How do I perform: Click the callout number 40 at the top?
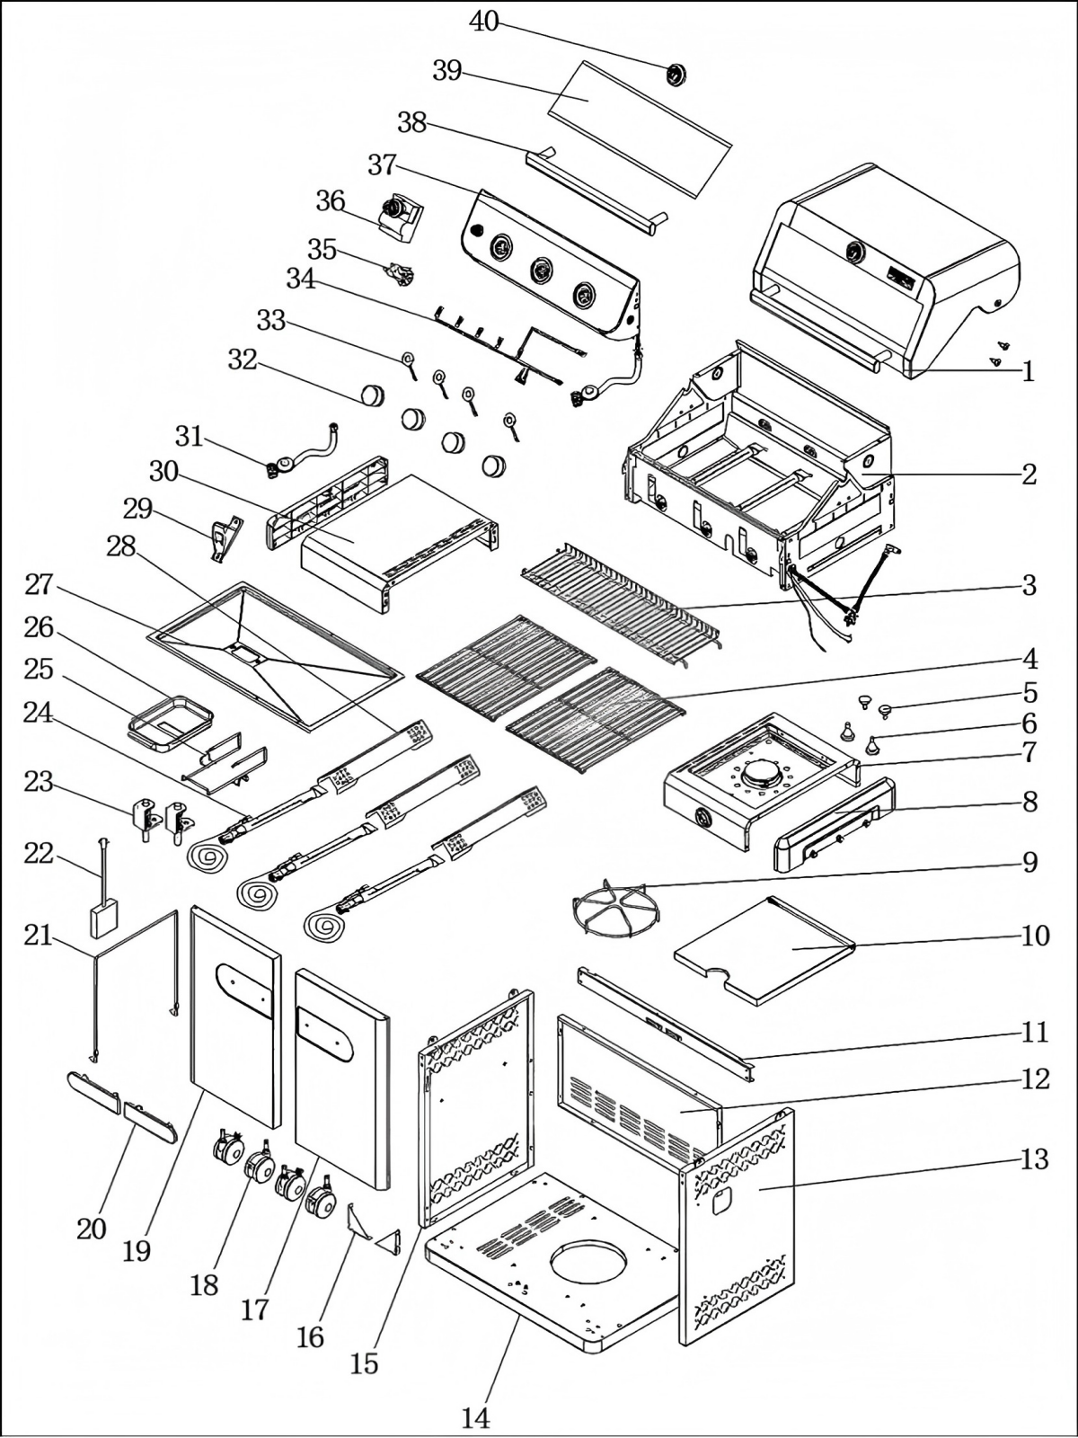tap(484, 22)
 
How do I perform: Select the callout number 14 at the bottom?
tap(476, 1418)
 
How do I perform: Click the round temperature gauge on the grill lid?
tap(855, 253)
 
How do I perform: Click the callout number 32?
tap(243, 359)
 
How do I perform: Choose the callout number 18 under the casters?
tap(204, 1285)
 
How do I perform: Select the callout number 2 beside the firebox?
tap(1029, 474)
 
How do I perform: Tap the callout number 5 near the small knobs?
tap(1029, 693)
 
